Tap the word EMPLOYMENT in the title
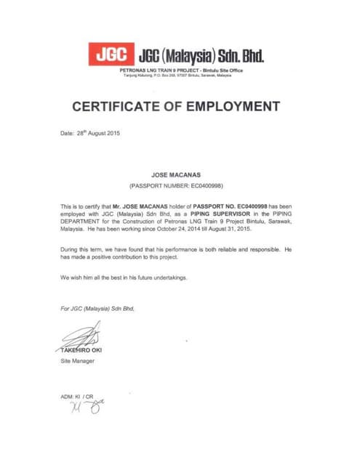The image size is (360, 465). point(233,106)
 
